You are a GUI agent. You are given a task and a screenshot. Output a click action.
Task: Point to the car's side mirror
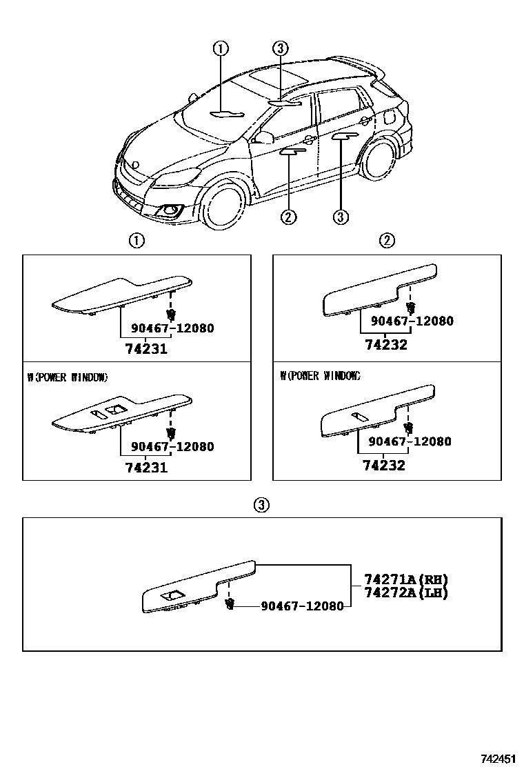(x=263, y=138)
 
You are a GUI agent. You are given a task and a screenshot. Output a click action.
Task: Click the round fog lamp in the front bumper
(x=168, y=210)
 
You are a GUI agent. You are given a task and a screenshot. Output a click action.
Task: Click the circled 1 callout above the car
(x=220, y=48)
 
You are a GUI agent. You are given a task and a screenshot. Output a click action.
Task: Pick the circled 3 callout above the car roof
(x=279, y=48)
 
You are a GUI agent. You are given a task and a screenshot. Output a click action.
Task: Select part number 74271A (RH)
(x=401, y=579)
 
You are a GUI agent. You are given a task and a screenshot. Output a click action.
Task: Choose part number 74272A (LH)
(x=401, y=592)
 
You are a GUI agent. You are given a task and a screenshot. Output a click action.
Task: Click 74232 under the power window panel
(x=384, y=466)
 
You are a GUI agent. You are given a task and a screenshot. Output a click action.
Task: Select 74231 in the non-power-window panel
(x=146, y=349)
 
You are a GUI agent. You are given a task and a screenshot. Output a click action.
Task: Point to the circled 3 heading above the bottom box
(x=261, y=505)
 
